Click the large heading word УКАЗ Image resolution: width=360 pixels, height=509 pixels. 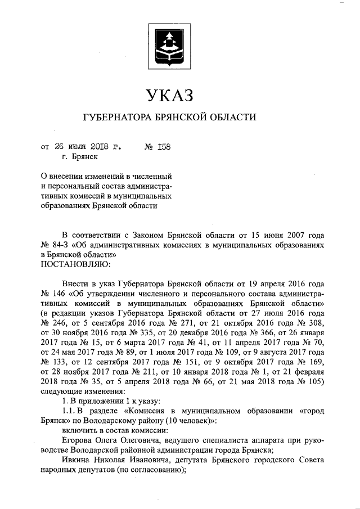pyautogui.click(x=170, y=95)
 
